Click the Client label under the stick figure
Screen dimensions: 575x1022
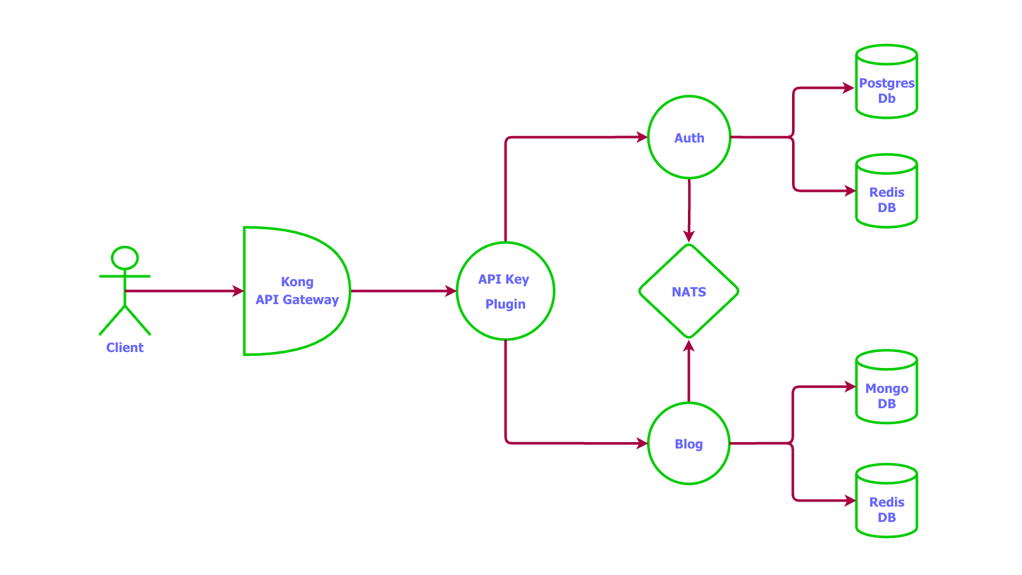click(125, 348)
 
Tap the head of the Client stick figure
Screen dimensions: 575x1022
click(125, 258)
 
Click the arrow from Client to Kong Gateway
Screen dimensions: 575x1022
click(185, 291)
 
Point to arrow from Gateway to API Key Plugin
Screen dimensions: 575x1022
click(402, 291)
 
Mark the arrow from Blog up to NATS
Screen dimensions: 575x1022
click(689, 374)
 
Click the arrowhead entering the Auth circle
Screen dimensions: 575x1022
click(643, 137)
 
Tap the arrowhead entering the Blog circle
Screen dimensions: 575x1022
click(643, 443)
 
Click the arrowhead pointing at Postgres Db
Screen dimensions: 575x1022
click(849, 88)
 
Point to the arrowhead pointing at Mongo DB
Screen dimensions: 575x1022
click(850, 387)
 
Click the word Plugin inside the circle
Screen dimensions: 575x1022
click(505, 304)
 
